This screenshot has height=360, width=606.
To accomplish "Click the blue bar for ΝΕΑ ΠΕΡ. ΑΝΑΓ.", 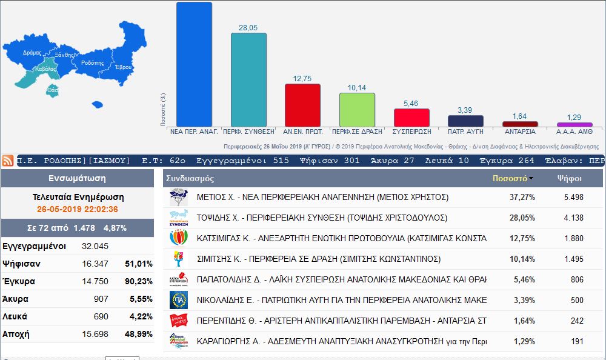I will [194, 64].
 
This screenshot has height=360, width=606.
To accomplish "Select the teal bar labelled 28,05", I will [248, 79].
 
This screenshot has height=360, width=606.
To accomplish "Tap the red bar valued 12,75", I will [302, 105].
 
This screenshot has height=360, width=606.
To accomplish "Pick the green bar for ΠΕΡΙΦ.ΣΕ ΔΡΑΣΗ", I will [357, 110].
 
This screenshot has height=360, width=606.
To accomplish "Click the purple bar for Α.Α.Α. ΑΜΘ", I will [574, 124].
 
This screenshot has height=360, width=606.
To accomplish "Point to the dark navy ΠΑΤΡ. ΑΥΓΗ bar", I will [465, 121].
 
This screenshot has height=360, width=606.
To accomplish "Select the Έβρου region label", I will [123, 67].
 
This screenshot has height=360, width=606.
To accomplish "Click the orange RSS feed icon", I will [8, 161].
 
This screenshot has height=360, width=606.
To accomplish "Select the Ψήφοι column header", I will [570, 179].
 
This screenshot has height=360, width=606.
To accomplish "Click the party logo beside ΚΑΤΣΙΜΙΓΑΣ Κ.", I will [179, 238].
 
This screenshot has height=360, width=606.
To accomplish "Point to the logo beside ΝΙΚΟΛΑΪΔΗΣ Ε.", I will [179, 299].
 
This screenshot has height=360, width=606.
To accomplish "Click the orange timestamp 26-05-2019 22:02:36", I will [76, 209].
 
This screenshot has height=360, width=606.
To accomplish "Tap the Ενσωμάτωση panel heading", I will [77, 179].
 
